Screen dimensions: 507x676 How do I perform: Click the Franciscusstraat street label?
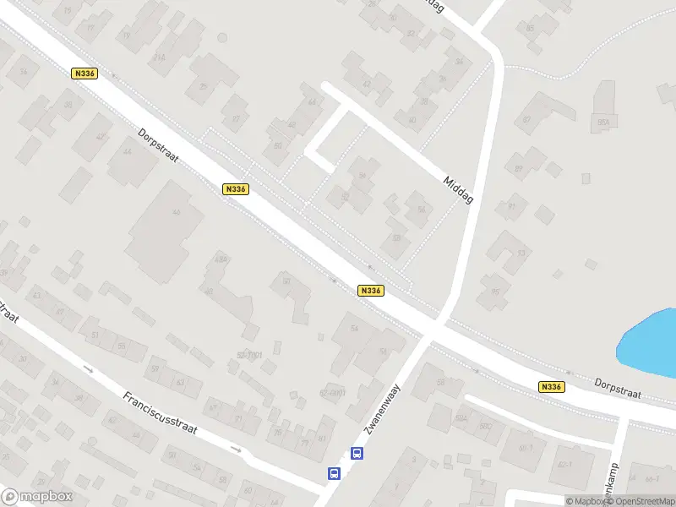(x=160, y=412)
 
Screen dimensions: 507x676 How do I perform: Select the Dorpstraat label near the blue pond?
(x=618, y=388)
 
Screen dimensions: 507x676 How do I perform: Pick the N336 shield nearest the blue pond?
(x=550, y=386)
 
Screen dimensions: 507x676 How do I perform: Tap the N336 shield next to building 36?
(x=84, y=74)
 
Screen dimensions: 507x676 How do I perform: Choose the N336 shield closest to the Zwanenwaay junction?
(x=371, y=290)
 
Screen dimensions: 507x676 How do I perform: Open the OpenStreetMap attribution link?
(x=639, y=501)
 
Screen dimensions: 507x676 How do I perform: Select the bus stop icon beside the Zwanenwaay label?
(x=357, y=454)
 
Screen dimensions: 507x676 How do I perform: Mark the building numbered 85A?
(x=603, y=122)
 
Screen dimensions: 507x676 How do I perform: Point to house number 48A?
(x=221, y=259)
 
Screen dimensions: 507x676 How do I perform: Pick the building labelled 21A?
(x=158, y=57)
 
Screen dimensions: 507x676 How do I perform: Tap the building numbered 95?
(x=495, y=293)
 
